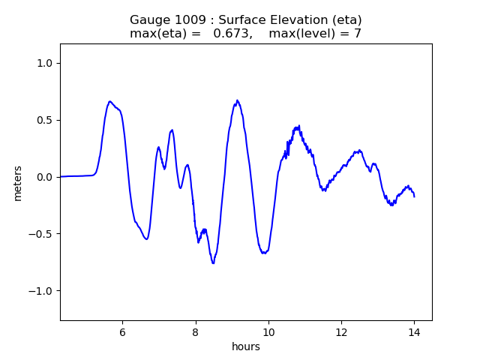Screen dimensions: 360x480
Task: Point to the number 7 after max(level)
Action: coord(358,33)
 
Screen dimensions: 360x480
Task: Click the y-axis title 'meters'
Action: coord(17,183)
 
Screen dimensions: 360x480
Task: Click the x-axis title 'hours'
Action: coord(246,346)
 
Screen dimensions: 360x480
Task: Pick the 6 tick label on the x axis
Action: coord(122,332)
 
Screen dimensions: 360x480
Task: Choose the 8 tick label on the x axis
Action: coord(196,332)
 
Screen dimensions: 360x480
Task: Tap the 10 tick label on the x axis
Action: coord(268,332)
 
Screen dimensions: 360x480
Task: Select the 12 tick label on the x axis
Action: coord(341,332)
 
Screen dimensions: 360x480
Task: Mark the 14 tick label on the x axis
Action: coord(414,332)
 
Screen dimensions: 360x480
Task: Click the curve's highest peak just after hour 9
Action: coord(237,100)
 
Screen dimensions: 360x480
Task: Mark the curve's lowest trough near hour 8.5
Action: coord(213,263)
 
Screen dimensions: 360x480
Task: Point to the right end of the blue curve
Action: coord(414,196)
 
